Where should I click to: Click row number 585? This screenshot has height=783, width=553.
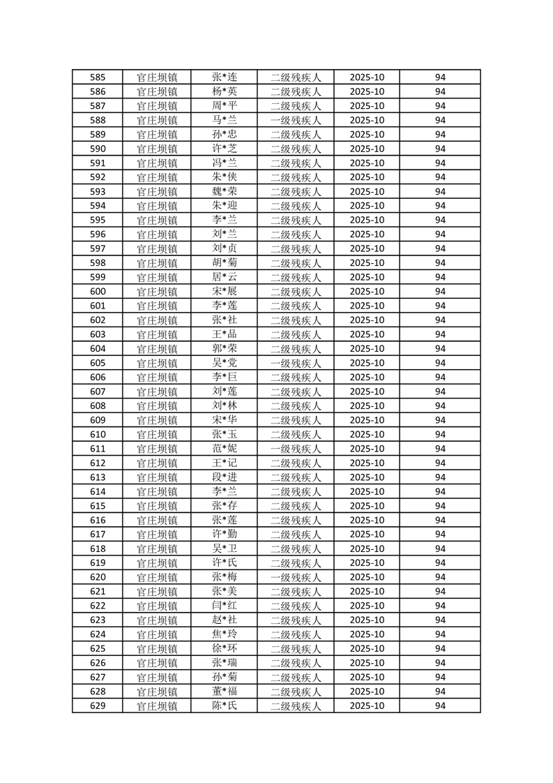[98, 77]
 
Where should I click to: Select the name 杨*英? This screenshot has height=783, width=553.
[225, 91]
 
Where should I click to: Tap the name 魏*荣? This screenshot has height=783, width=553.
[225, 192]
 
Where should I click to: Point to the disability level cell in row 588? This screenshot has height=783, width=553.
[296, 120]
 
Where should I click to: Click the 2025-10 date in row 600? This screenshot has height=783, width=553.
[367, 292]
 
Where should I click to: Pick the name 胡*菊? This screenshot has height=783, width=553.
[225, 263]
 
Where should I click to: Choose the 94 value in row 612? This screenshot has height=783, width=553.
[440, 463]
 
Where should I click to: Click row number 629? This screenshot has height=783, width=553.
[98, 706]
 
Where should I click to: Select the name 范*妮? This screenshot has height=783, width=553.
[225, 449]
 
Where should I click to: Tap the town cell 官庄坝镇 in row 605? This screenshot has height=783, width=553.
[157, 364]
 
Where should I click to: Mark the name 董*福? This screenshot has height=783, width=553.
[225, 692]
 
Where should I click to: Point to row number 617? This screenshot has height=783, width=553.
[98, 535]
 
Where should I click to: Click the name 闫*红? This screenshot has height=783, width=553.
[225, 606]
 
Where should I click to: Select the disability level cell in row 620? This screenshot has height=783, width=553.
[296, 578]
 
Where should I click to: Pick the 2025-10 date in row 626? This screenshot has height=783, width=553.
[367, 663]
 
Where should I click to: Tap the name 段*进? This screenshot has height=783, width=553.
[225, 477]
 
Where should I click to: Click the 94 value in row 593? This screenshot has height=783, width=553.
[440, 192]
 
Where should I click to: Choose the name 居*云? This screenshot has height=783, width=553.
[225, 277]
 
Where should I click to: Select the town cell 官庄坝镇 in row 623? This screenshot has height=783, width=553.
[157, 620]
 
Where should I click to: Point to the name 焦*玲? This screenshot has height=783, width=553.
[225, 634]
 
